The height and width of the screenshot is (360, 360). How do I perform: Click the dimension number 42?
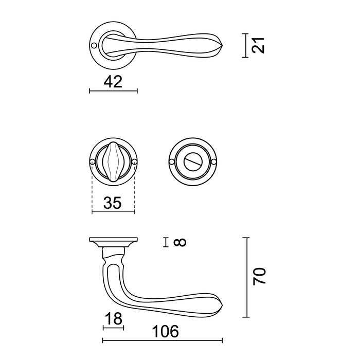[x=113, y=81]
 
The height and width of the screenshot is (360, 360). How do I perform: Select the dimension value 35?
[x=113, y=203]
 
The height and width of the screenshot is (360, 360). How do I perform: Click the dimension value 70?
[x=259, y=277]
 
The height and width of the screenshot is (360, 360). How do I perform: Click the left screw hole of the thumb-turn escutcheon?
[x=92, y=163]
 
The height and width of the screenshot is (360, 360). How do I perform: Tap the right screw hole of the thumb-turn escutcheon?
[x=134, y=163]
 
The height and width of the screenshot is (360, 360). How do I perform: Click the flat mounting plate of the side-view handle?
[x=113, y=241]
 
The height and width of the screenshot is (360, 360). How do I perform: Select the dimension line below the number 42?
[x=113, y=91]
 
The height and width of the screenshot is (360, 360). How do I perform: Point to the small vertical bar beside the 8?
[x=166, y=242]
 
